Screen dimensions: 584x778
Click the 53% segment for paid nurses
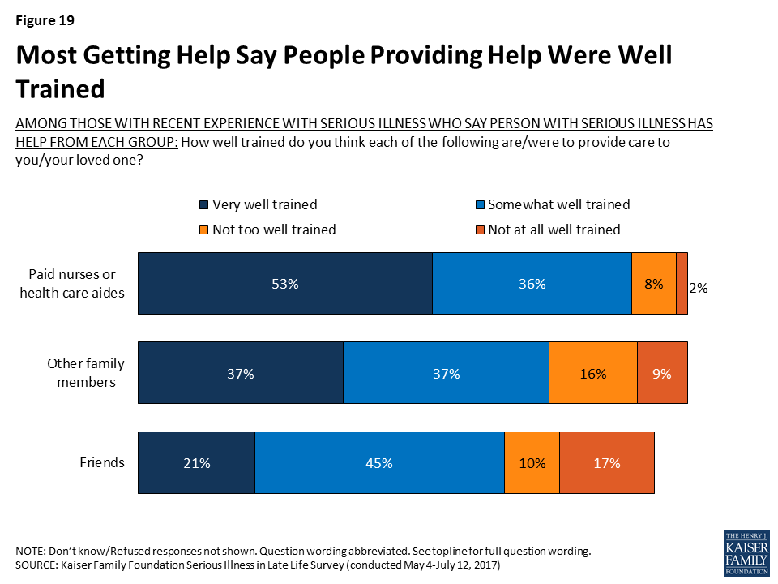click(285, 284)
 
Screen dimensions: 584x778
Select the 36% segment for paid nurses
click(532, 284)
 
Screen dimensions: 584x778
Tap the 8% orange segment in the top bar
click(654, 284)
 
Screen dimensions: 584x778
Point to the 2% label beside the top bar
click(699, 287)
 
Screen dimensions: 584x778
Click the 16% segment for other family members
click(593, 374)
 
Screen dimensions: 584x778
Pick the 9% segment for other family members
click(663, 374)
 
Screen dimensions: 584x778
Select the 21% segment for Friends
click(197, 463)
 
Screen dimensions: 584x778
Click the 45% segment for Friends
click(379, 463)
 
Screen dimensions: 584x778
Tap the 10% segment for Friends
click(532, 463)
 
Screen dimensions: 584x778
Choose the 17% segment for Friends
click(606, 463)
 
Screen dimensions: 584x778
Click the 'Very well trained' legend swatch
click(203, 205)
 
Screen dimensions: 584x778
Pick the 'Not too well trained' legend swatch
click(203, 230)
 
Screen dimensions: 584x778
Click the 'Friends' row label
click(102, 463)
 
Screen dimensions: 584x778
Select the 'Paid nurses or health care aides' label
click(72, 284)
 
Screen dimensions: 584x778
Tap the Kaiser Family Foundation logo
click(746, 554)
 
